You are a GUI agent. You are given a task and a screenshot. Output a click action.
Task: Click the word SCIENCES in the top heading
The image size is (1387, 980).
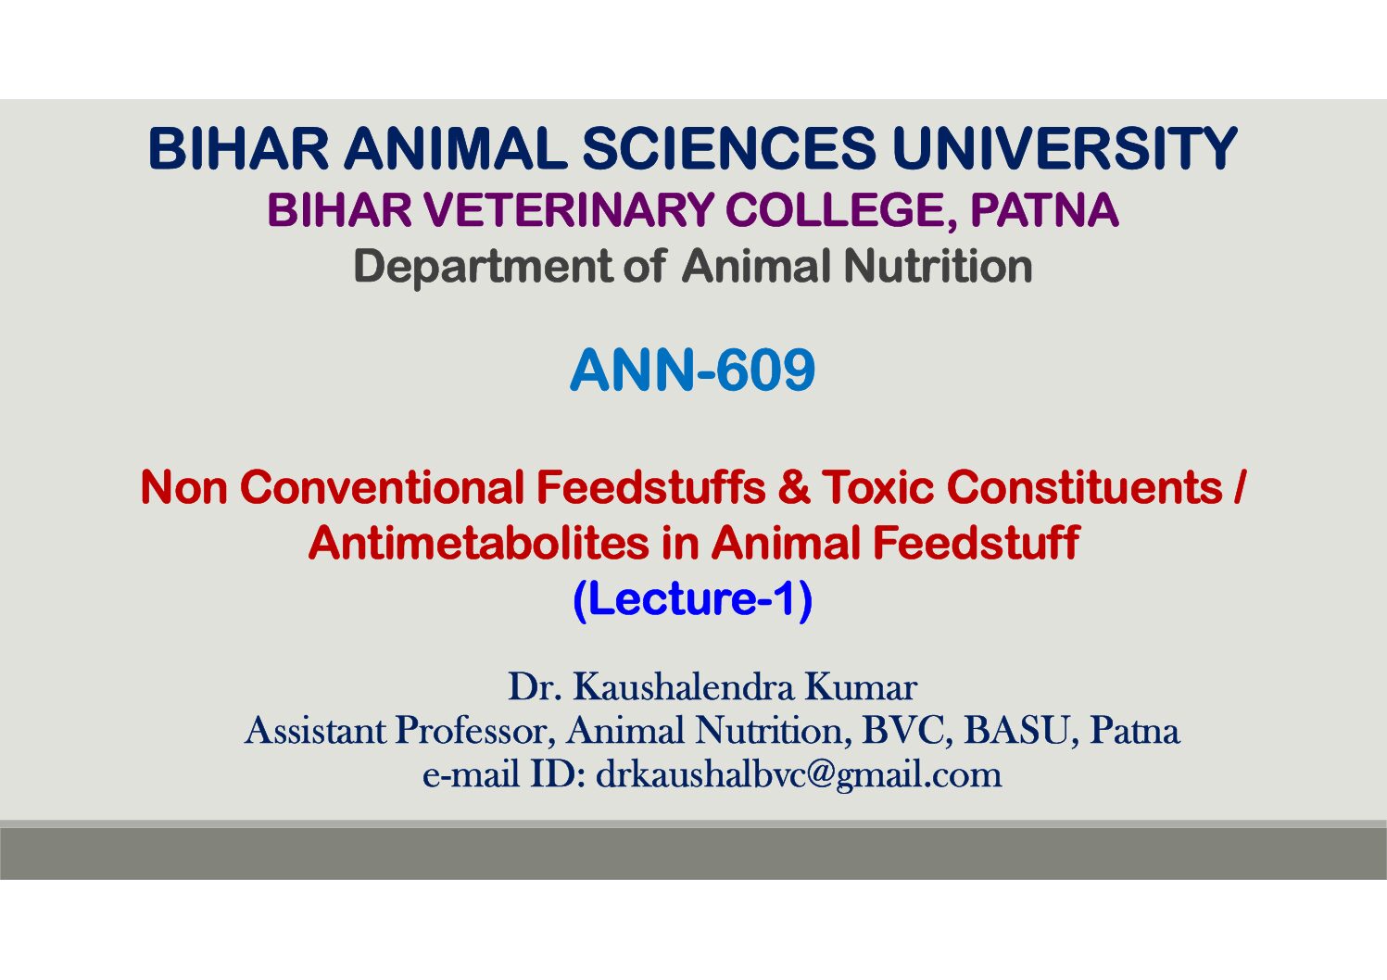coord(729,148)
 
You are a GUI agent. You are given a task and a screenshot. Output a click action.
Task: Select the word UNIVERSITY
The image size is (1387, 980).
coord(1065,148)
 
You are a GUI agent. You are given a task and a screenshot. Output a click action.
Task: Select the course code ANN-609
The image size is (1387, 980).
coord(692,370)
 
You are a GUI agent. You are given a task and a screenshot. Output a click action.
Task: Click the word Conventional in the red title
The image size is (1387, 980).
coord(382,487)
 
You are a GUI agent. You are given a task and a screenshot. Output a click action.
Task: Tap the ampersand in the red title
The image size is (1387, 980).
coord(794,487)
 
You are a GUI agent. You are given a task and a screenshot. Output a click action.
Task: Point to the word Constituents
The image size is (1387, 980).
coord(1084,487)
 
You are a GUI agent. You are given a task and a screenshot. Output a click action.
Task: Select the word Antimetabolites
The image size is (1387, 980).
coord(479,543)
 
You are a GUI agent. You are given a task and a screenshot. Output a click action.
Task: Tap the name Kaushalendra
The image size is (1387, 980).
coord(683,686)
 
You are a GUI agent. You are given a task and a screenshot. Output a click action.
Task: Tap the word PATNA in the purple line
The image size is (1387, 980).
coord(1044,210)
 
